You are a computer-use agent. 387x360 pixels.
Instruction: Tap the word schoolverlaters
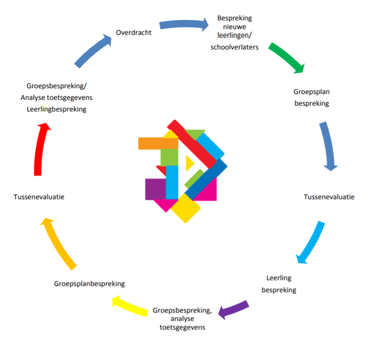click(x=234, y=47)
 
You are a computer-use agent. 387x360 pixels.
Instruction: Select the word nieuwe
click(x=234, y=27)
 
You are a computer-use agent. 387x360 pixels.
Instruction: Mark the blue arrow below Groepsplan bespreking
click(x=327, y=146)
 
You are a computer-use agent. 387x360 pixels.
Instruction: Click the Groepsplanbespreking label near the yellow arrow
click(x=89, y=283)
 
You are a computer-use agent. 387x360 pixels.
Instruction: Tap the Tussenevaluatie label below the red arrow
click(x=39, y=197)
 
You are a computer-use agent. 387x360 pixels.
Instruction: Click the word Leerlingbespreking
click(x=57, y=109)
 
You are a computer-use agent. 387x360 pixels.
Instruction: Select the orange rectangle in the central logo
click(x=151, y=143)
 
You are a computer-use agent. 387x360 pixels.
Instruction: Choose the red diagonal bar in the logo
click(x=194, y=143)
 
